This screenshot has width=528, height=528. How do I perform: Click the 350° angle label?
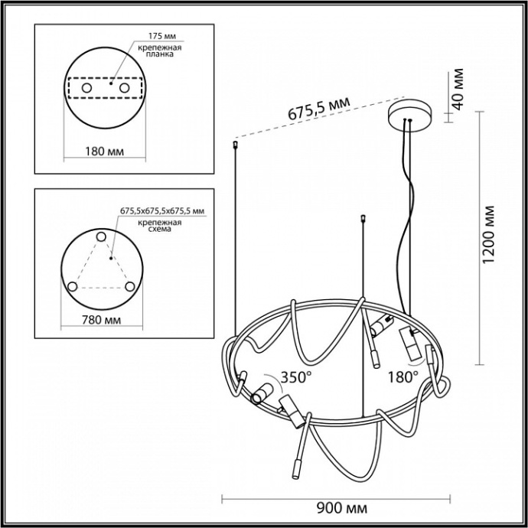[297, 376]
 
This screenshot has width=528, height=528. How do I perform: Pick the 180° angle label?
[403, 376]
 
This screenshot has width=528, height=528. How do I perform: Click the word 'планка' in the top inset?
[161, 56]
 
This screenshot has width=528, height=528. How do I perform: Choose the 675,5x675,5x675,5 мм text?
[162, 210]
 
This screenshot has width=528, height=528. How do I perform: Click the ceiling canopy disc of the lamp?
[409, 112]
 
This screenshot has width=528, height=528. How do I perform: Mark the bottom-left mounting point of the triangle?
[72, 287]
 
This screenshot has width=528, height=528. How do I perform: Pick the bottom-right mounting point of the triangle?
[130, 287]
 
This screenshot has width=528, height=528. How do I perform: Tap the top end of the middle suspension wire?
[360, 220]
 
